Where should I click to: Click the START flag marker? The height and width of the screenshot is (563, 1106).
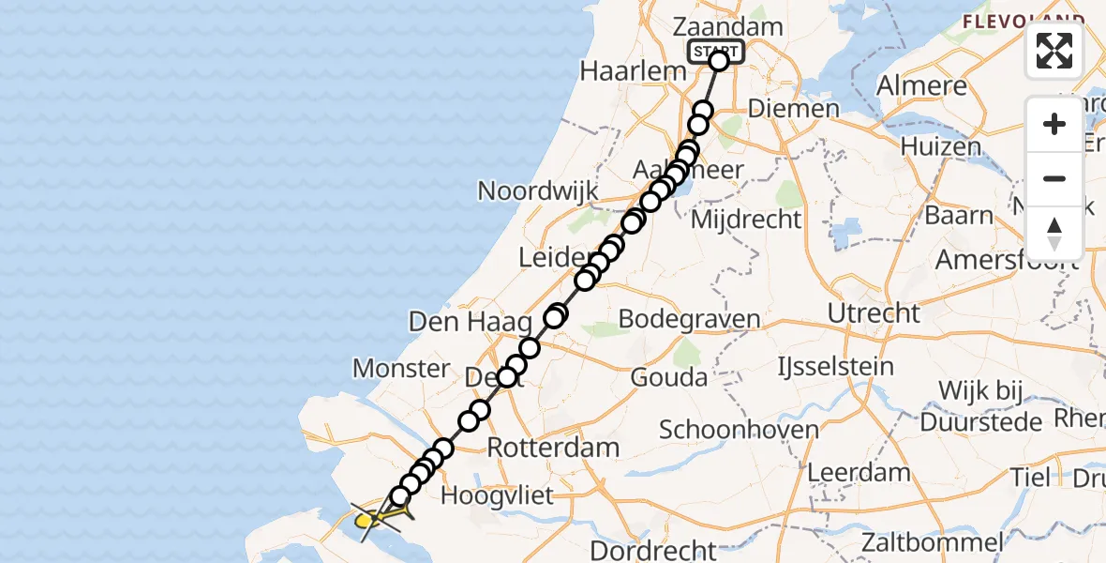pos(716,52)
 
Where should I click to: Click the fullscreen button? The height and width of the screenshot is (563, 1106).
pos(1054,51)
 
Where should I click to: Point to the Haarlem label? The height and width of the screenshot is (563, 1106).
pos(621,70)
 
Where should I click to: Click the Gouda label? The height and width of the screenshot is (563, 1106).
pos(668,377)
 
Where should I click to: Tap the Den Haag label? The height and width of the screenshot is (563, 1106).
pos(457,323)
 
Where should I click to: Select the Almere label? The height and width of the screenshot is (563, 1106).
pos(921,86)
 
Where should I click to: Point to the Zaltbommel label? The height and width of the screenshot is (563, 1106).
pos(933,541)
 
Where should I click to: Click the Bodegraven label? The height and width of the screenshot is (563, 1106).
pos(688,320)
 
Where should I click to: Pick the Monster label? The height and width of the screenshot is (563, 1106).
pos(401,369)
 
